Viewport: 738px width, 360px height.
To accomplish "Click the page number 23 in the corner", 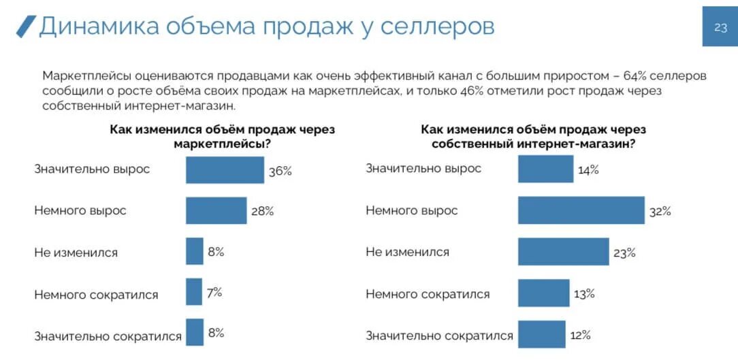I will (720, 27).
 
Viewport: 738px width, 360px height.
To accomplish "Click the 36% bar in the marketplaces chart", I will (225, 170).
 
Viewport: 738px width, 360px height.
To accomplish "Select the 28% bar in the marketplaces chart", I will (216, 211).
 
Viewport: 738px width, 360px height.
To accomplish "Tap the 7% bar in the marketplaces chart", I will (194, 292).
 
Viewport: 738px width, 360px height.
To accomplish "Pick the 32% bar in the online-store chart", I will (581, 210).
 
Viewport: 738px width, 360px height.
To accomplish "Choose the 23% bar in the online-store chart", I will (563, 252).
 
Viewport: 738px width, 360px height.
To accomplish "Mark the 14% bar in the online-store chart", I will (545, 169).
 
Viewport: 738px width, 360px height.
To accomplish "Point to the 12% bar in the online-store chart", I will (541, 334).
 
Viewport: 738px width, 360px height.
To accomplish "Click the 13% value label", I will (584, 294).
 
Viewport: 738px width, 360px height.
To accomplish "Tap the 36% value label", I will (280, 171).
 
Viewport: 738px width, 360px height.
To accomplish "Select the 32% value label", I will (660, 212).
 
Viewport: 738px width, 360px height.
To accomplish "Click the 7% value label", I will (214, 293).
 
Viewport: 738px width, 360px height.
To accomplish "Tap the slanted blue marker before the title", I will (26, 26).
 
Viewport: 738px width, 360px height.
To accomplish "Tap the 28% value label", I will (262, 212).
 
